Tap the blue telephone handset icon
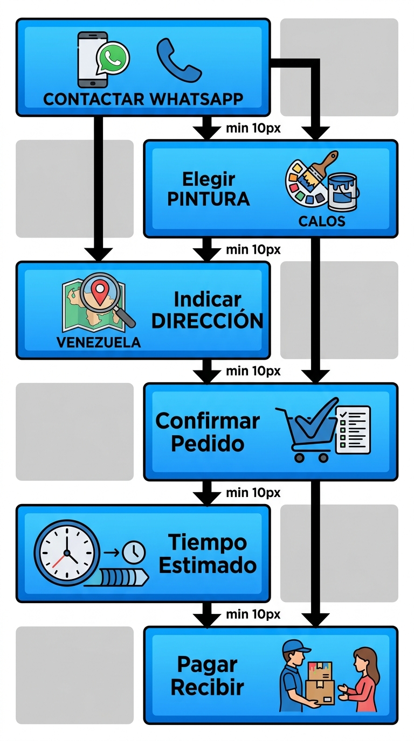click(x=178, y=59)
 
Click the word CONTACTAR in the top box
click(x=93, y=99)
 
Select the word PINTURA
click(x=209, y=199)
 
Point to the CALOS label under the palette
click(x=321, y=221)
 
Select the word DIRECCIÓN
click(x=208, y=321)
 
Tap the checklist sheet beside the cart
click(x=353, y=429)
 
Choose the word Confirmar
click(x=208, y=421)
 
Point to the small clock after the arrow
click(x=134, y=551)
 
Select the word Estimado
click(x=208, y=565)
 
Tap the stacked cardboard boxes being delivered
click(x=320, y=683)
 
